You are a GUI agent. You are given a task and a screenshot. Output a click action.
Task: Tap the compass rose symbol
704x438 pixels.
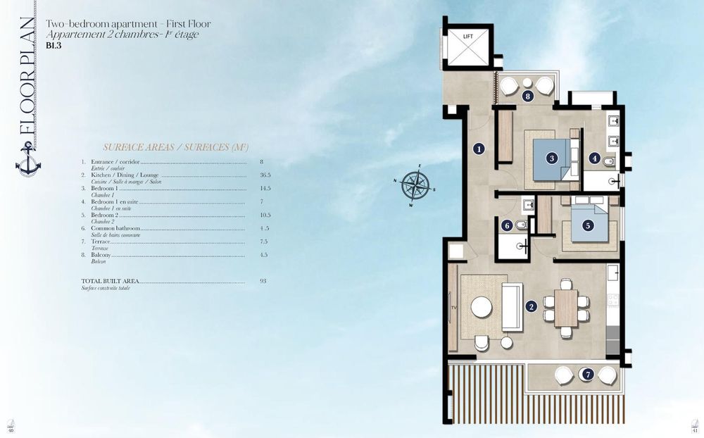point(418,185)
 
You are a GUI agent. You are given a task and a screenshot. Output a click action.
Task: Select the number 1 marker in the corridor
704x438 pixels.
point(479,149)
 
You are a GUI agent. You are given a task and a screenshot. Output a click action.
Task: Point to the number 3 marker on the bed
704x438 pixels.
point(553,158)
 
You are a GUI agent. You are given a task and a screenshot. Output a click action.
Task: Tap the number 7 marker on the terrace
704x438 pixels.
point(587,375)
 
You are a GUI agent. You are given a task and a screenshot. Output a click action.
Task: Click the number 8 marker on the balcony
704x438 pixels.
point(527,96)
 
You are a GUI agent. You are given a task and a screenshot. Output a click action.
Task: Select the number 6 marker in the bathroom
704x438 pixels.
point(507,226)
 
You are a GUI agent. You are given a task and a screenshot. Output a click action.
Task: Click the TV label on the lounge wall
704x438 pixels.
point(453,308)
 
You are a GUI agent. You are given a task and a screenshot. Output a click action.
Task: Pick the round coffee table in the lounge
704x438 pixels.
point(482,308)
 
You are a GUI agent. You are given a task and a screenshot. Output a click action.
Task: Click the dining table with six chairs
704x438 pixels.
point(566,308)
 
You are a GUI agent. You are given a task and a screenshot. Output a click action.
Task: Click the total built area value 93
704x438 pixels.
point(263,281)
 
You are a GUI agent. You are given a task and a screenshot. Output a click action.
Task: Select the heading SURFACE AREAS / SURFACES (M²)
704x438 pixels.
point(172,147)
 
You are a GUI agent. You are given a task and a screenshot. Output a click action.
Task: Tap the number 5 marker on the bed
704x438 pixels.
point(587,225)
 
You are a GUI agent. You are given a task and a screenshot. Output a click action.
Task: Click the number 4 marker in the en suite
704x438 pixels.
point(595,159)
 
